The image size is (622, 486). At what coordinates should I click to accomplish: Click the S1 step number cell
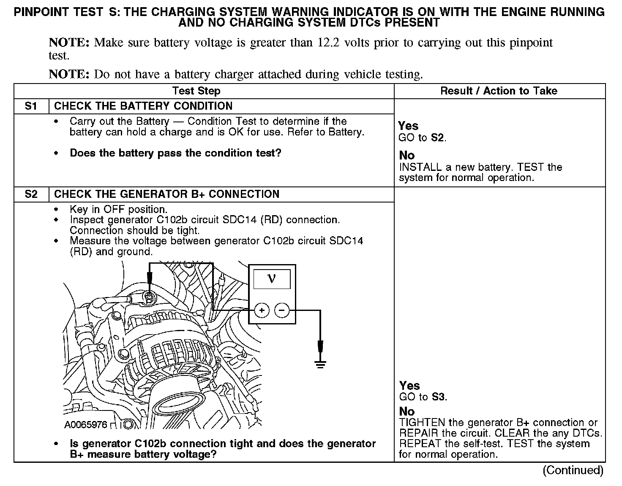pyautogui.click(x=31, y=106)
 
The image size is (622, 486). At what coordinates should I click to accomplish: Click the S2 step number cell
pyautogui.click(x=31, y=194)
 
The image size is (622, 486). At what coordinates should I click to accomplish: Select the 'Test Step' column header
pyautogui.click(x=196, y=91)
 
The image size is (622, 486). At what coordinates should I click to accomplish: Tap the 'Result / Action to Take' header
pyautogui.click(x=499, y=91)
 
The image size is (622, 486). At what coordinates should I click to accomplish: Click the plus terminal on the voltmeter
pyautogui.click(x=262, y=311)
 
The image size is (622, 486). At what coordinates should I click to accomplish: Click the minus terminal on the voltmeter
pyautogui.click(x=282, y=311)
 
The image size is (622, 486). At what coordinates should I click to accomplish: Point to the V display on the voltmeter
pyautogui.click(x=272, y=279)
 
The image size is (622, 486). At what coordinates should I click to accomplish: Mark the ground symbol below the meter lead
pyautogui.click(x=320, y=363)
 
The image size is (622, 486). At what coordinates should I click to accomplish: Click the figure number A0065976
pyautogui.click(x=86, y=424)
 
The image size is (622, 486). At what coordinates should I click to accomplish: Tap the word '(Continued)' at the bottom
pyautogui.click(x=573, y=470)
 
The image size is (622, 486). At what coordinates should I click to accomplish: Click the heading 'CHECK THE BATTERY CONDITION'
pyautogui.click(x=143, y=106)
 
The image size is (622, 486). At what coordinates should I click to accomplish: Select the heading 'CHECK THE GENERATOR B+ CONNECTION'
pyautogui.click(x=166, y=194)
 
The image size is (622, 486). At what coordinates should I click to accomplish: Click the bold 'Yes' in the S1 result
pyautogui.click(x=408, y=126)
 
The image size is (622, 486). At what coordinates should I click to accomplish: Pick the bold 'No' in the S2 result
pyautogui.click(x=406, y=411)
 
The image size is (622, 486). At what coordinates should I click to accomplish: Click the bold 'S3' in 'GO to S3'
pyautogui.click(x=439, y=397)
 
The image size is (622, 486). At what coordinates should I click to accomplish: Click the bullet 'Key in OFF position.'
pyautogui.click(x=118, y=210)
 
